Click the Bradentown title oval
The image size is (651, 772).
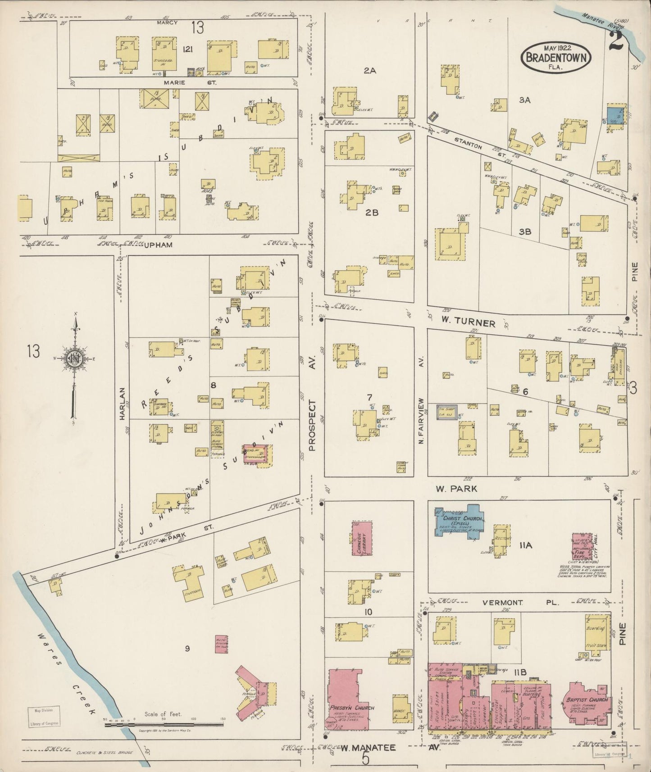(554, 56)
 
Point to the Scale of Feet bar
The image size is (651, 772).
(164, 724)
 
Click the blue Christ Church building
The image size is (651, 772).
(460, 519)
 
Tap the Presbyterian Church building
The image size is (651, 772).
(348, 699)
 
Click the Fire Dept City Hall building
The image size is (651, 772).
(582, 546)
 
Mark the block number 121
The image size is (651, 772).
(187, 50)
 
